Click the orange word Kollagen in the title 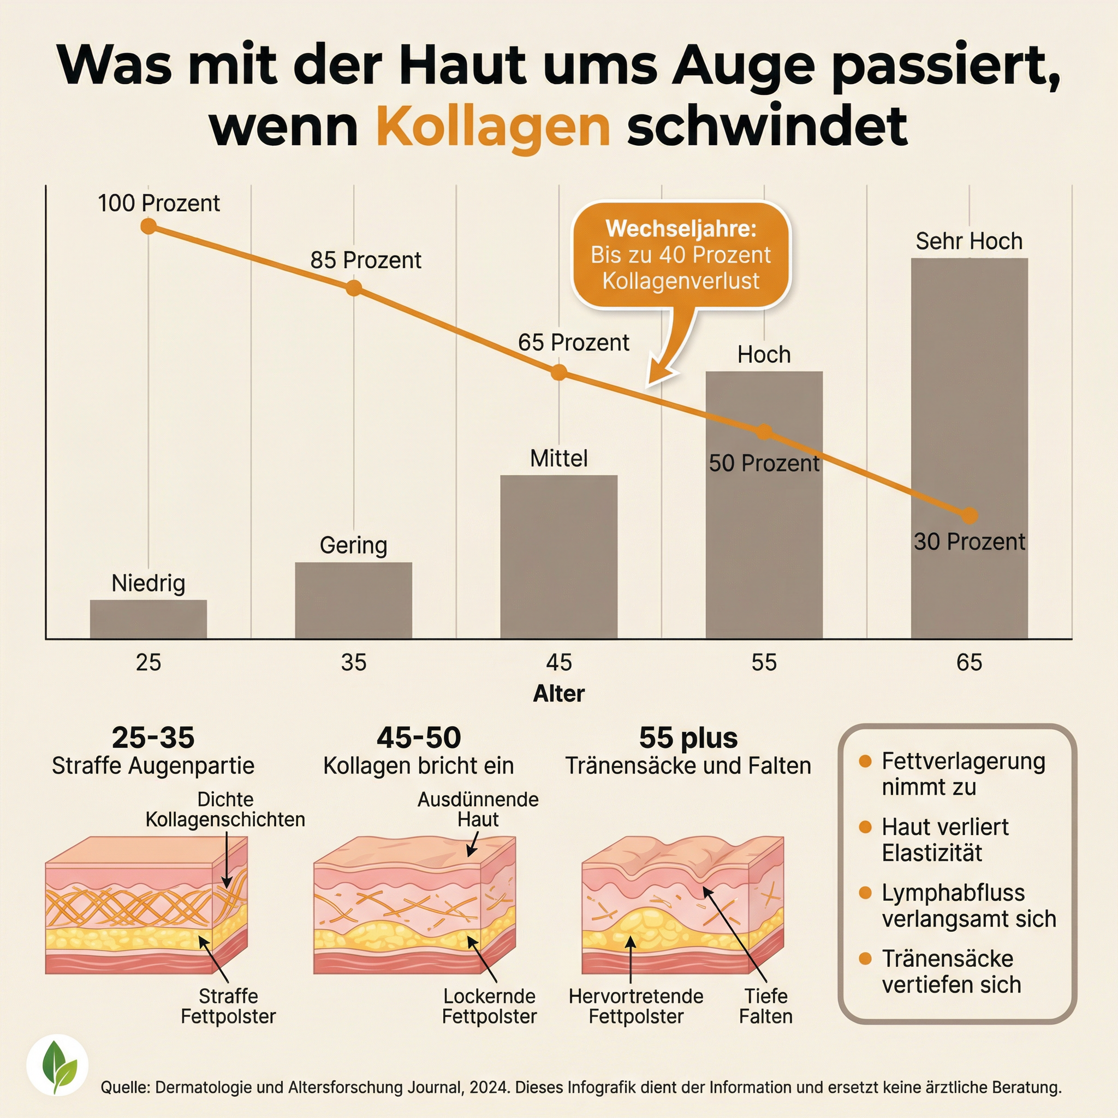click(x=493, y=127)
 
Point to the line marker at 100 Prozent click(x=148, y=226)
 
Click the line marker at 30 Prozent click(x=970, y=515)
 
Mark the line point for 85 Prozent click(x=354, y=288)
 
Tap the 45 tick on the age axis click(x=558, y=662)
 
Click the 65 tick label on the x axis click(x=970, y=662)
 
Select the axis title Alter click(x=558, y=693)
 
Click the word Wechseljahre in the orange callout click(x=681, y=229)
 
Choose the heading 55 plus click(x=688, y=738)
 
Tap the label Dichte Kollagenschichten click(x=225, y=810)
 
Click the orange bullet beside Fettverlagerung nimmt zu click(x=865, y=762)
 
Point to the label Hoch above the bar click(x=764, y=355)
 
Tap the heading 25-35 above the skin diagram click(x=153, y=738)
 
